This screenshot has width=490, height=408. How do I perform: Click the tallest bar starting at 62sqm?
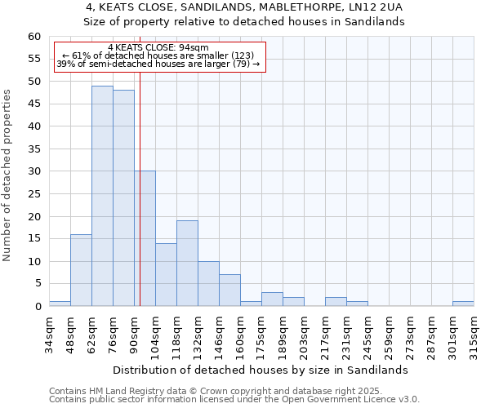pos(102,196)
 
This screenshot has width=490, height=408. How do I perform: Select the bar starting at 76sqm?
pos(123,198)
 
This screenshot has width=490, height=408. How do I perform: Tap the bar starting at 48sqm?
pos(81,270)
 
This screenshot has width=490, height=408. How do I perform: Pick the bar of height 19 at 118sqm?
pos(187,264)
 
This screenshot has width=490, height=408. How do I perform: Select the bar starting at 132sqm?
pos(208,284)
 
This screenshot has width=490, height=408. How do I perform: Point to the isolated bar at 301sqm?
pos(463,304)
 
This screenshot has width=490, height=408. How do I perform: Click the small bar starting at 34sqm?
pos(60,304)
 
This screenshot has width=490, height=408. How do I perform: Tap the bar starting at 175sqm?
pos(272,299)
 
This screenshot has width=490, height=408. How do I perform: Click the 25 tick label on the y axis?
pos(34,194)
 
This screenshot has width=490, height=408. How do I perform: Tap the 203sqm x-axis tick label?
pos(304,335)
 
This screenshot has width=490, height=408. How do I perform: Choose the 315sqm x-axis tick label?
pos(474,335)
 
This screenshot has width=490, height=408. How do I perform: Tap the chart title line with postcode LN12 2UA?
pos(245,7)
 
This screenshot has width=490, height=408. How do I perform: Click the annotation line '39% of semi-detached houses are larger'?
pos(158,64)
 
